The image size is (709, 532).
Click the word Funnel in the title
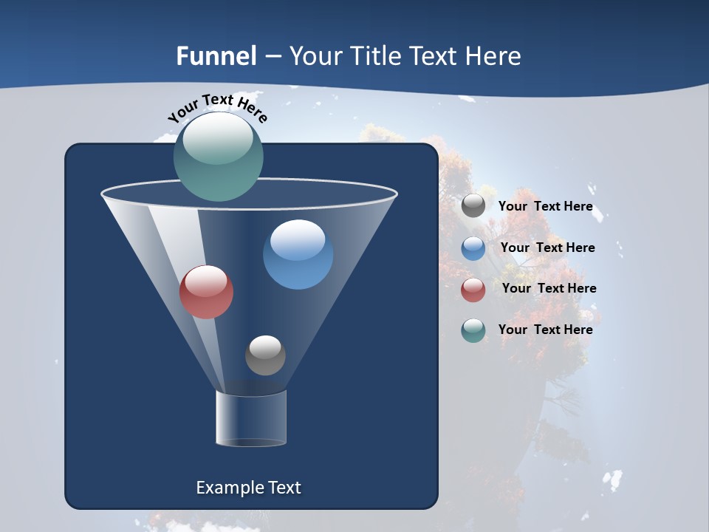(216, 56)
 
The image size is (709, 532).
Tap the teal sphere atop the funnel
(219, 157)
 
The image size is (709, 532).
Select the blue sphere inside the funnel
(298, 255)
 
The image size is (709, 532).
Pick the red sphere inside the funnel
(206, 292)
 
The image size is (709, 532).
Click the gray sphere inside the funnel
(265, 355)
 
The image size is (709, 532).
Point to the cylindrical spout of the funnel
(250, 418)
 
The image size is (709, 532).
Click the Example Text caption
(248, 488)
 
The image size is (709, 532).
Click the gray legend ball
(473, 206)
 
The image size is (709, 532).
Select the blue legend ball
(473, 248)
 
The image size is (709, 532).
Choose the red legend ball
(473, 290)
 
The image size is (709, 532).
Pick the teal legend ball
(473, 330)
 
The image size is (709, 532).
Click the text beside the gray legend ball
(545, 207)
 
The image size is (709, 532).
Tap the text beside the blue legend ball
(547, 248)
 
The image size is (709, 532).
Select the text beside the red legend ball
(549, 289)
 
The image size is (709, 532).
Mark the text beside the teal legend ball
(545, 330)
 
